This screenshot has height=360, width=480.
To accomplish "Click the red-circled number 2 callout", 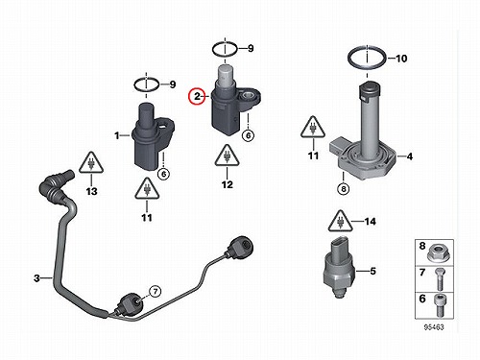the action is (x=197, y=96).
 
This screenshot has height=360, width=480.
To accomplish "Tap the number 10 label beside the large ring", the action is (x=401, y=59).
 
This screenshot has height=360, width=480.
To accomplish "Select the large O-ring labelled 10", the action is (x=367, y=58).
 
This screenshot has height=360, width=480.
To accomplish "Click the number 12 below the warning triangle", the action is (x=228, y=184).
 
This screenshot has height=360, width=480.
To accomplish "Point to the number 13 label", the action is (x=92, y=191).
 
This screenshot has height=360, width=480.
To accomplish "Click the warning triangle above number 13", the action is (x=91, y=162).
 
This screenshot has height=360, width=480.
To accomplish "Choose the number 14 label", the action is (x=371, y=222).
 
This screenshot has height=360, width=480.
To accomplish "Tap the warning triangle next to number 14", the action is (x=341, y=221).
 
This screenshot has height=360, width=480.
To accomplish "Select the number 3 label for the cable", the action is (x=36, y=278).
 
